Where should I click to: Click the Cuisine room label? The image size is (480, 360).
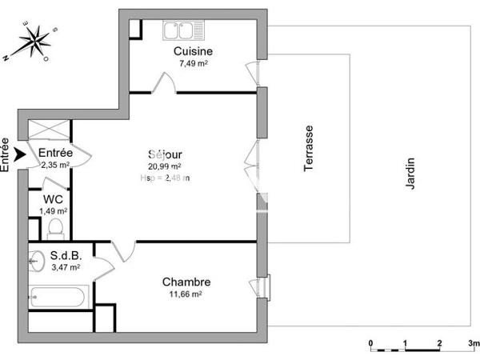pyautogui.click(x=194, y=52)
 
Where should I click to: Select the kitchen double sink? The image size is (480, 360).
pyautogui.click(x=181, y=31)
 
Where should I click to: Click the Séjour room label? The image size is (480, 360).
pyautogui.click(x=165, y=154)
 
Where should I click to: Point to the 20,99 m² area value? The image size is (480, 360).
pyautogui.click(x=165, y=166)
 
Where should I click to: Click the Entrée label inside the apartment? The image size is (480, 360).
pyautogui.click(x=55, y=153)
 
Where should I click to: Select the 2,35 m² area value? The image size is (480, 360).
pyautogui.click(x=54, y=165)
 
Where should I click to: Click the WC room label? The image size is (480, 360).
pyautogui.click(x=54, y=199)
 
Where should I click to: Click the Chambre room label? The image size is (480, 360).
pyautogui.click(x=186, y=282)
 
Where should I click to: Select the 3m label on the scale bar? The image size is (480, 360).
pyautogui.click(x=474, y=343)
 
